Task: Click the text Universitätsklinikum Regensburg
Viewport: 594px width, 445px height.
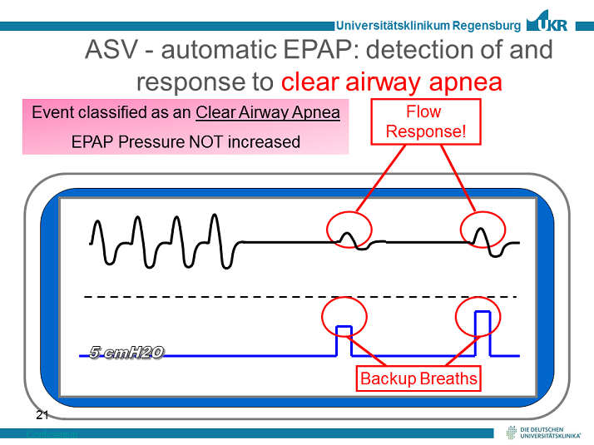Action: [428, 26]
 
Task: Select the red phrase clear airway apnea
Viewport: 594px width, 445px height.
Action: [392, 82]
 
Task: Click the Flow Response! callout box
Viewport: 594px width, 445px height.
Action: [423, 121]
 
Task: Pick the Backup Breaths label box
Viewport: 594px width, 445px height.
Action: [418, 379]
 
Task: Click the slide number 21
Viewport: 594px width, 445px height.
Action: [42, 413]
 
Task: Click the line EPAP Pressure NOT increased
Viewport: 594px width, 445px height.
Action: [186, 141]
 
